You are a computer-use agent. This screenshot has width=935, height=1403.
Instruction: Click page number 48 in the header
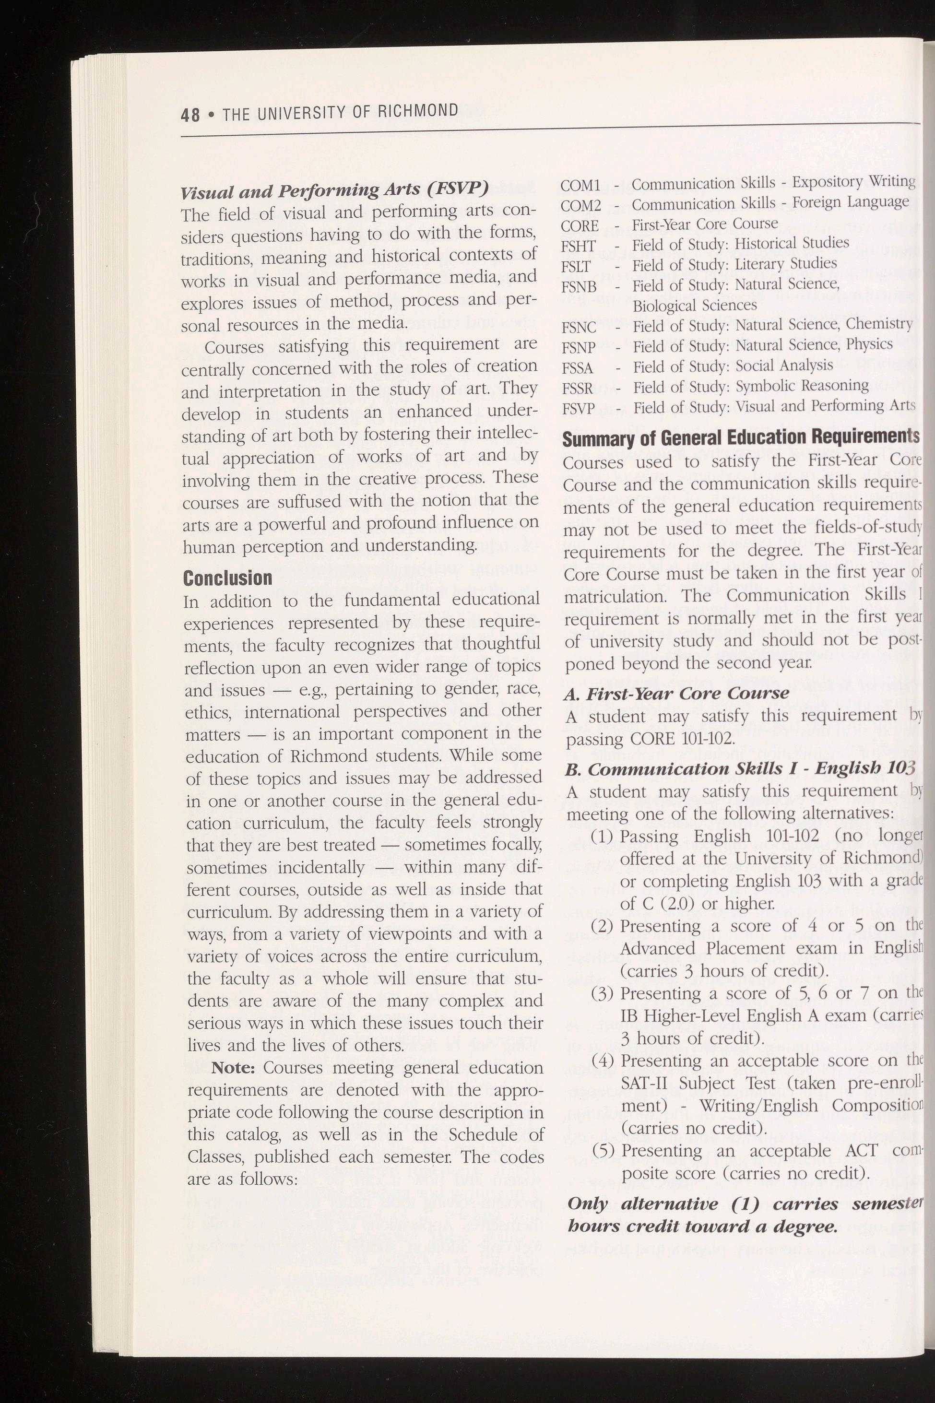(x=191, y=113)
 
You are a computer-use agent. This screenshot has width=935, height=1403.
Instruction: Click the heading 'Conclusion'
(x=227, y=578)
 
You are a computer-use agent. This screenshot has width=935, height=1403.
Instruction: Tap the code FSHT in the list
(x=579, y=246)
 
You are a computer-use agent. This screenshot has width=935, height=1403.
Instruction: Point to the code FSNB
(x=579, y=287)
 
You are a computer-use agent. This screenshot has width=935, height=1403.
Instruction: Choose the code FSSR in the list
(x=578, y=389)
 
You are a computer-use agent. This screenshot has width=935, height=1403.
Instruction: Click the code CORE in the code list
(x=580, y=226)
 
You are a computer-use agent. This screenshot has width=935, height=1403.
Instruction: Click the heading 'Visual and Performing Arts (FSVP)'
(x=334, y=191)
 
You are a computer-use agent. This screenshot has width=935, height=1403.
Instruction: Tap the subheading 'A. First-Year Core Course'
(x=676, y=693)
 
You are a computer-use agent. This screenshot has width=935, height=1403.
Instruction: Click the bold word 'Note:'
(x=233, y=1067)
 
